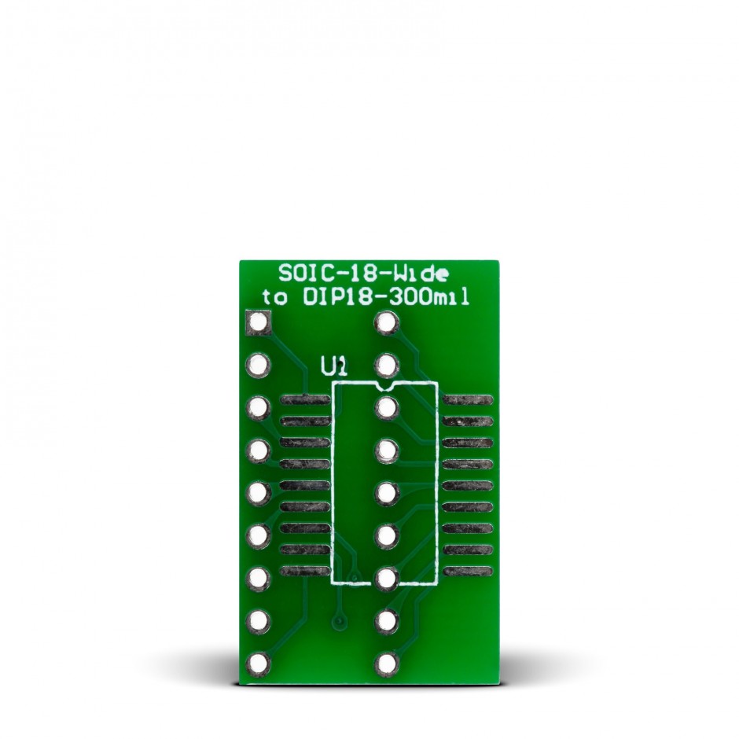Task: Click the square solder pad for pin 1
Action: [259, 322]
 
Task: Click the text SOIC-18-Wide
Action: [364, 274]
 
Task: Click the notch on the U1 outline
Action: [384, 387]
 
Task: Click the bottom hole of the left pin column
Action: [259, 665]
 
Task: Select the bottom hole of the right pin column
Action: [385, 665]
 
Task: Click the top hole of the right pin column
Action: [385, 322]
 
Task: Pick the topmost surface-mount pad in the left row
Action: [304, 400]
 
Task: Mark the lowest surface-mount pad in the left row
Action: [304, 569]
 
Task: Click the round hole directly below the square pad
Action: [259, 365]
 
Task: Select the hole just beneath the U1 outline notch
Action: [385, 408]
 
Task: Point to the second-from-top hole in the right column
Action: [385, 365]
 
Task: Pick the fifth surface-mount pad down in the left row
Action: [304, 484]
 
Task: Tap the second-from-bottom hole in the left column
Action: [259, 622]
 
